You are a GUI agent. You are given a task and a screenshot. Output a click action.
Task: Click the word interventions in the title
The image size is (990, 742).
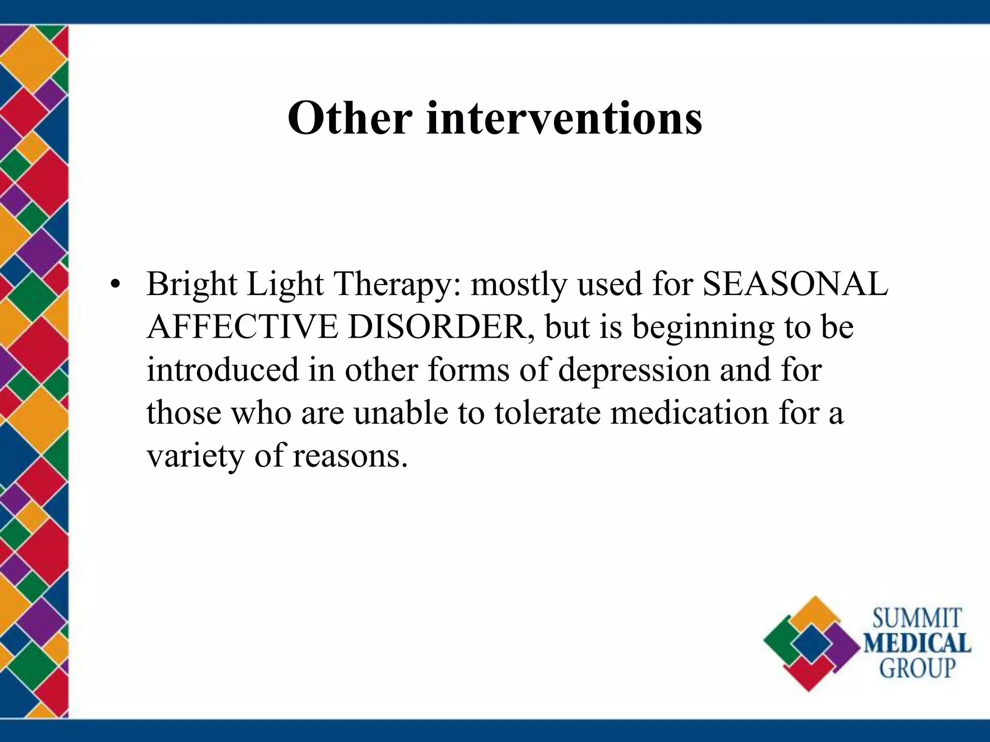pos(564,118)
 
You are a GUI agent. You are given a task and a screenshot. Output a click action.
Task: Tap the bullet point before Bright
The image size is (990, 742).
pos(114,285)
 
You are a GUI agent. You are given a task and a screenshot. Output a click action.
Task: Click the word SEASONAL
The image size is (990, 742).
pos(795,284)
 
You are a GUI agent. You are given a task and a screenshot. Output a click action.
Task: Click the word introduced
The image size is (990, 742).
pos(223,370)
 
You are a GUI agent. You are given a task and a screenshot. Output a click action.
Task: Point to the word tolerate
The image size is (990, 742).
pos(548,413)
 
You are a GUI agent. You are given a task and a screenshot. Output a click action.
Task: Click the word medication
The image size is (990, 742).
pos(689,413)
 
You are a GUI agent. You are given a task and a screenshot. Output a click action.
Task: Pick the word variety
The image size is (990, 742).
pos(196,457)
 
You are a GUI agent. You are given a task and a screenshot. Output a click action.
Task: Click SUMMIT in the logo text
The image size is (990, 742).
pos(917,619)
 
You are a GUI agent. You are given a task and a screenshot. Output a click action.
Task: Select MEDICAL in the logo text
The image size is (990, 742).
pos(917,644)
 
